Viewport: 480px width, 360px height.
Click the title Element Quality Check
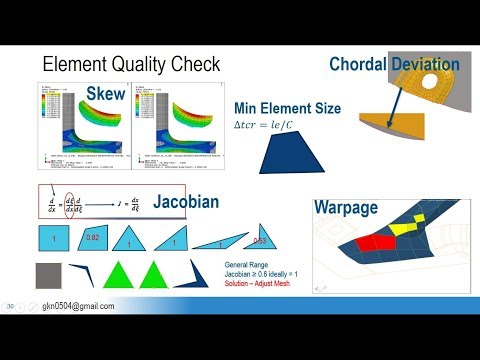tap(131, 65)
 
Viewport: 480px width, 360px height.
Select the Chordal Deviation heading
tap(394, 65)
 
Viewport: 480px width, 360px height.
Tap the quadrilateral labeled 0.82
tap(93, 240)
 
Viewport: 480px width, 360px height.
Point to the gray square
tap(52, 279)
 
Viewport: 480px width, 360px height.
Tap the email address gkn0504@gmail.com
tap(76, 307)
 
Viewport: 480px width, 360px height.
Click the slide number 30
tap(11, 306)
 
